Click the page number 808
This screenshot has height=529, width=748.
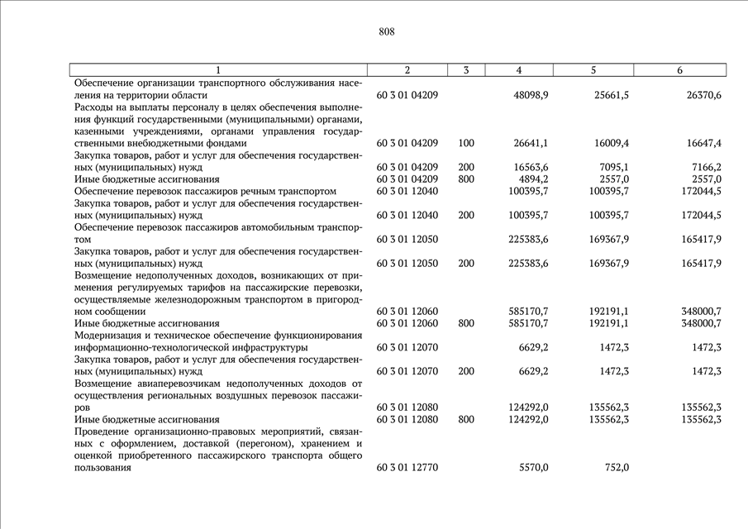(386, 32)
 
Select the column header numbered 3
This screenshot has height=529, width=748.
(467, 70)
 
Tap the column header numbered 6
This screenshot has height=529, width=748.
(679, 70)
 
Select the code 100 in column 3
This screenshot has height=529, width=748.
(466, 143)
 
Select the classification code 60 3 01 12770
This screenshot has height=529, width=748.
(407, 467)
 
